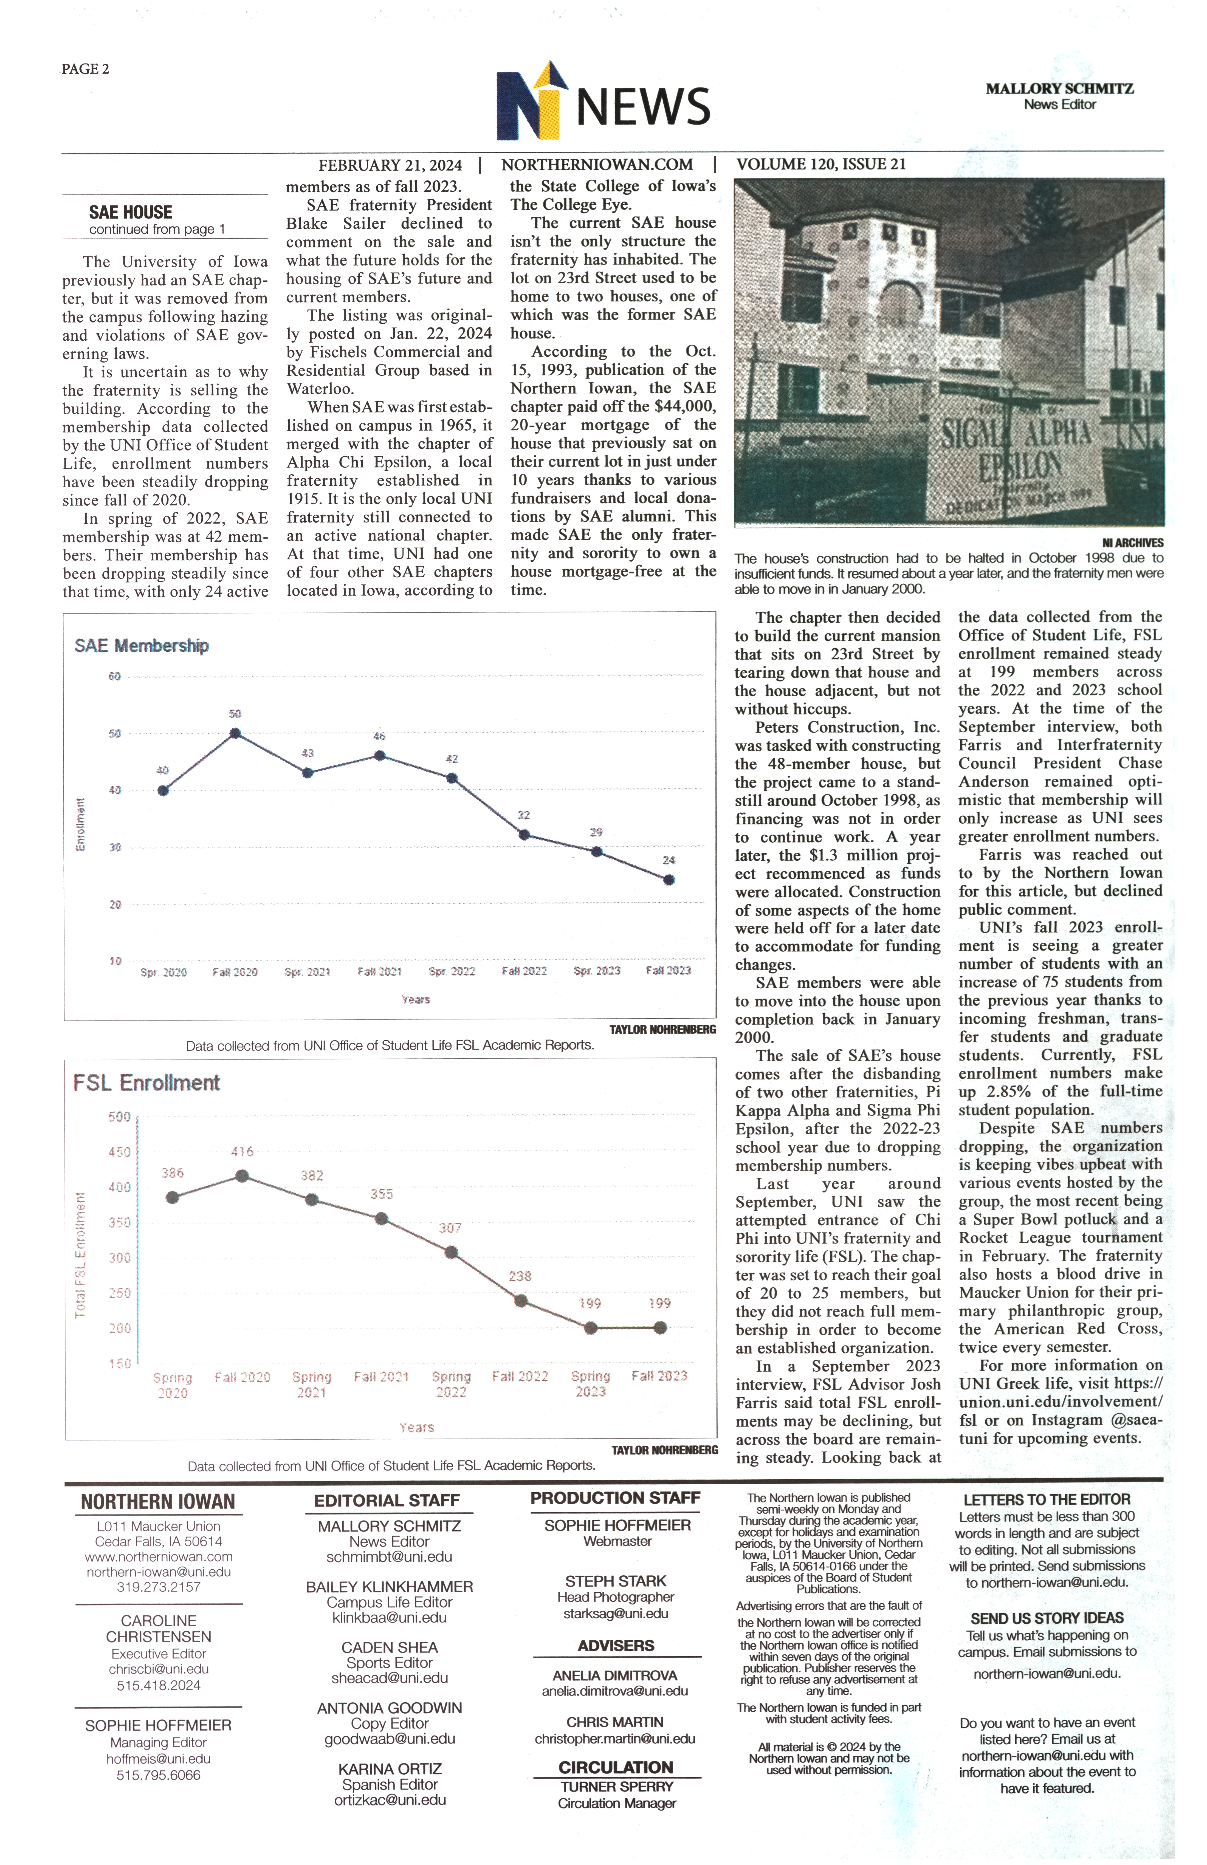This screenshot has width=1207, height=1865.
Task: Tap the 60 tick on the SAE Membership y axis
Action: click(x=114, y=676)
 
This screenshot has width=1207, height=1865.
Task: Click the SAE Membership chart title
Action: click(x=142, y=646)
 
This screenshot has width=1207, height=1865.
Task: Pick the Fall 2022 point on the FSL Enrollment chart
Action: click(x=520, y=1301)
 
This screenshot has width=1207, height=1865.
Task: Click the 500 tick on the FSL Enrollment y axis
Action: click(x=119, y=1117)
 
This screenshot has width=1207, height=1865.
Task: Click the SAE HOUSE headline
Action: click(x=131, y=212)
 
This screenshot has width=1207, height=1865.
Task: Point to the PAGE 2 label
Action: click(x=85, y=69)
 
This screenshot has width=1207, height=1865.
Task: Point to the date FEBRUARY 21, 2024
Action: click(x=390, y=165)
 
